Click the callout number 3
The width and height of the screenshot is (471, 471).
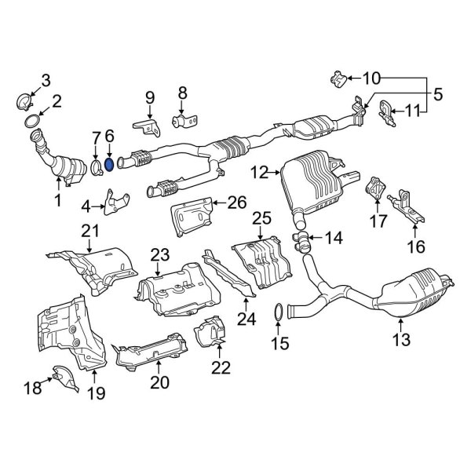pos(46,79)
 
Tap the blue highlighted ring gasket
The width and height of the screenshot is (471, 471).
pos(110,164)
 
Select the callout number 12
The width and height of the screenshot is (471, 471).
pos(259,170)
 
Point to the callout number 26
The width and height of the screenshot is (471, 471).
pos(236,203)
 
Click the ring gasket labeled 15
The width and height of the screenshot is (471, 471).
pos(278,315)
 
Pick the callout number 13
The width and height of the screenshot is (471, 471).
pos(401,340)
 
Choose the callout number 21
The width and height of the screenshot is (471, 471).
pos(91,229)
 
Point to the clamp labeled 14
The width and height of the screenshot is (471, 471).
pos(301,235)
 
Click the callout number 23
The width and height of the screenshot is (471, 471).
pos(160,254)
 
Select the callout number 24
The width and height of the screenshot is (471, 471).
pos(247,319)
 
